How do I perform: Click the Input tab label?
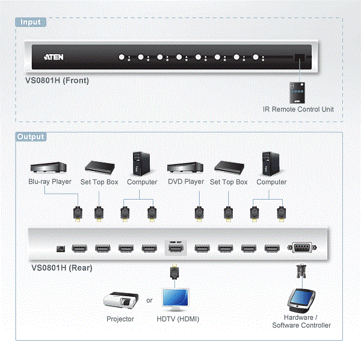[x=31, y=22]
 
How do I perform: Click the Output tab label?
[x=31, y=137]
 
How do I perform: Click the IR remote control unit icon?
[x=296, y=92]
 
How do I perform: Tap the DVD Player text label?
[x=185, y=182]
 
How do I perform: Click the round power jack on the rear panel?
[x=60, y=249]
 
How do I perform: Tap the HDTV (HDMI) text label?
[x=177, y=319]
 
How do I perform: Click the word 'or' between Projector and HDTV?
[x=149, y=300]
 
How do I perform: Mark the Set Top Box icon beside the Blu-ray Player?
[x=99, y=167]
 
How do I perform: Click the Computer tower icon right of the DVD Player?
[x=271, y=163]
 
